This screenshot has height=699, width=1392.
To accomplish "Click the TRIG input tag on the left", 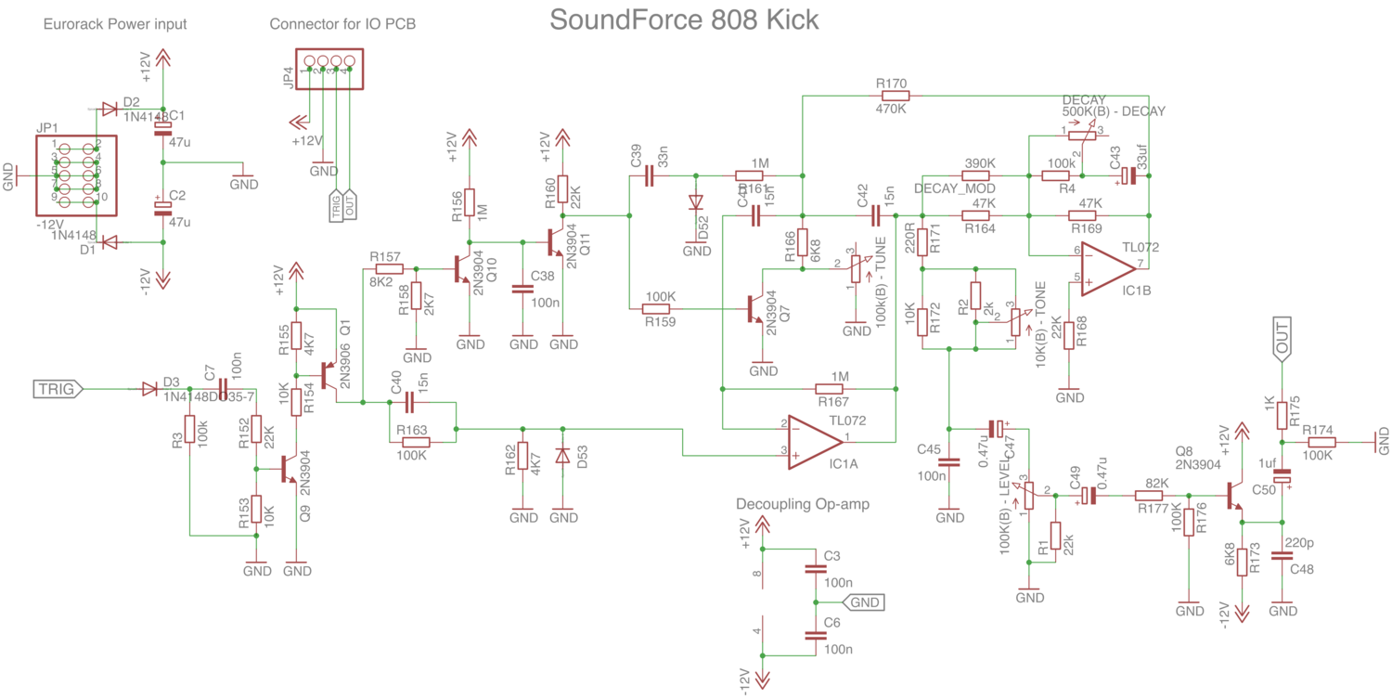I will tap(58, 389).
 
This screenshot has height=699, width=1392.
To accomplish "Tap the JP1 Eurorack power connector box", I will tap(76, 175).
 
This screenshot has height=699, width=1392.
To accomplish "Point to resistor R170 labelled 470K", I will tap(895, 95).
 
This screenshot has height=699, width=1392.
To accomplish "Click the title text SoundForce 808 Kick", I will tap(684, 19).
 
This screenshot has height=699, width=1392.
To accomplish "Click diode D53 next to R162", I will tap(562, 457).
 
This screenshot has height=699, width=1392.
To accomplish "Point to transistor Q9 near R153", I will tap(290, 471).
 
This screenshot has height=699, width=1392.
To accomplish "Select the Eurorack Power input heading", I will tap(115, 24).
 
